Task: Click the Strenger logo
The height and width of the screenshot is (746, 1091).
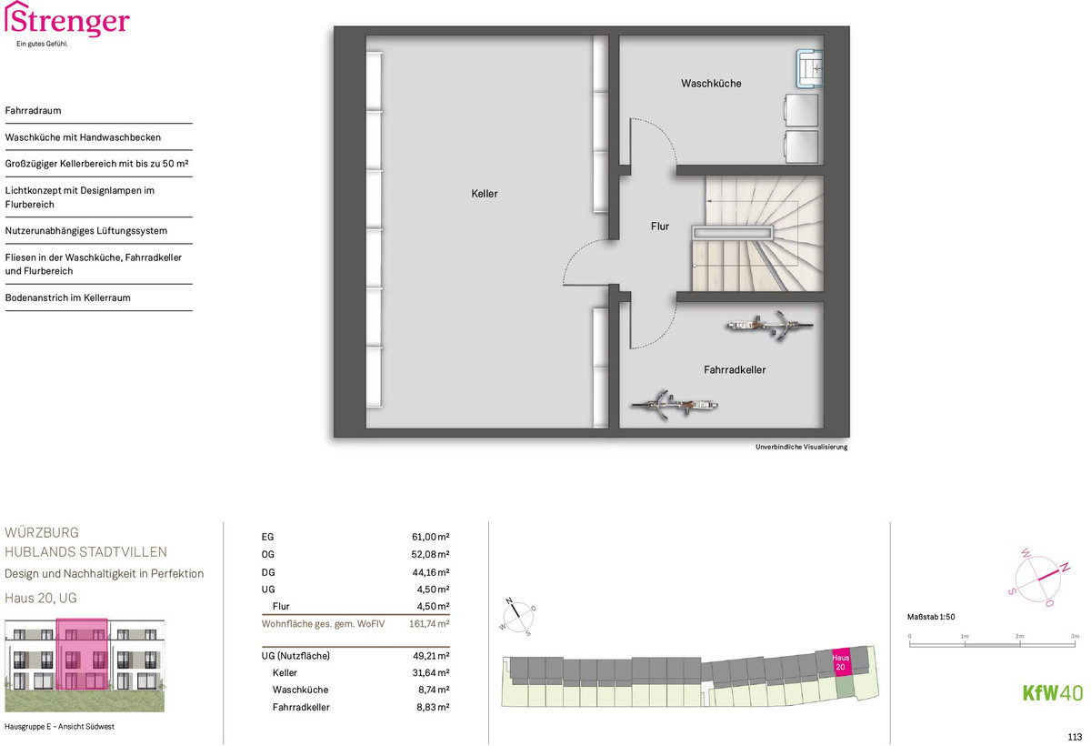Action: click(x=67, y=24)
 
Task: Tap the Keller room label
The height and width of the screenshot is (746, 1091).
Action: click(x=484, y=194)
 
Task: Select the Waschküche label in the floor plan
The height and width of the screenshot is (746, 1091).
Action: click(x=711, y=84)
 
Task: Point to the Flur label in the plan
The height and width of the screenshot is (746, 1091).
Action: click(x=660, y=227)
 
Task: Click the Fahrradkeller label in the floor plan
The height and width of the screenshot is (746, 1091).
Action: click(x=735, y=370)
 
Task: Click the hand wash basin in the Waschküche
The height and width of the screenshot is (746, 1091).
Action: click(x=809, y=69)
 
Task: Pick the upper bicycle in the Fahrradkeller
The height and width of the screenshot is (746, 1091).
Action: click(x=769, y=325)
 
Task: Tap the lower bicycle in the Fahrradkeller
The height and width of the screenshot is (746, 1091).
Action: click(x=675, y=405)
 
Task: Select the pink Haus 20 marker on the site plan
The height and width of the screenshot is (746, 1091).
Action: click(x=841, y=662)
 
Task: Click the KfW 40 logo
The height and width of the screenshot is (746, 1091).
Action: click(x=1052, y=693)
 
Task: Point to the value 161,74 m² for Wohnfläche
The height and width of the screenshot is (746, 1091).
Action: click(x=429, y=624)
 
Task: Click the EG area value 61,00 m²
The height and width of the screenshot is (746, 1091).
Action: click(x=431, y=537)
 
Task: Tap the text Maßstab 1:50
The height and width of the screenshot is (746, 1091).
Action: click(x=931, y=617)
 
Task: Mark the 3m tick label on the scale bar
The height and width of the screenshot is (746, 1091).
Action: click(x=1075, y=636)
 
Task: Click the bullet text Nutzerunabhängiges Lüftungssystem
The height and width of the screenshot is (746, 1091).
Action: click(x=86, y=231)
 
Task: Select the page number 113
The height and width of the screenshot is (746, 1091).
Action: click(x=1075, y=737)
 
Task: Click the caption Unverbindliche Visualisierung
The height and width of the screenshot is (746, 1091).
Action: click(x=801, y=447)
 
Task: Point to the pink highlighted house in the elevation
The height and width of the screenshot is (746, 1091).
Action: click(x=82, y=654)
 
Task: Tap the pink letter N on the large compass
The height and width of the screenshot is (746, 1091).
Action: click(x=1066, y=567)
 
